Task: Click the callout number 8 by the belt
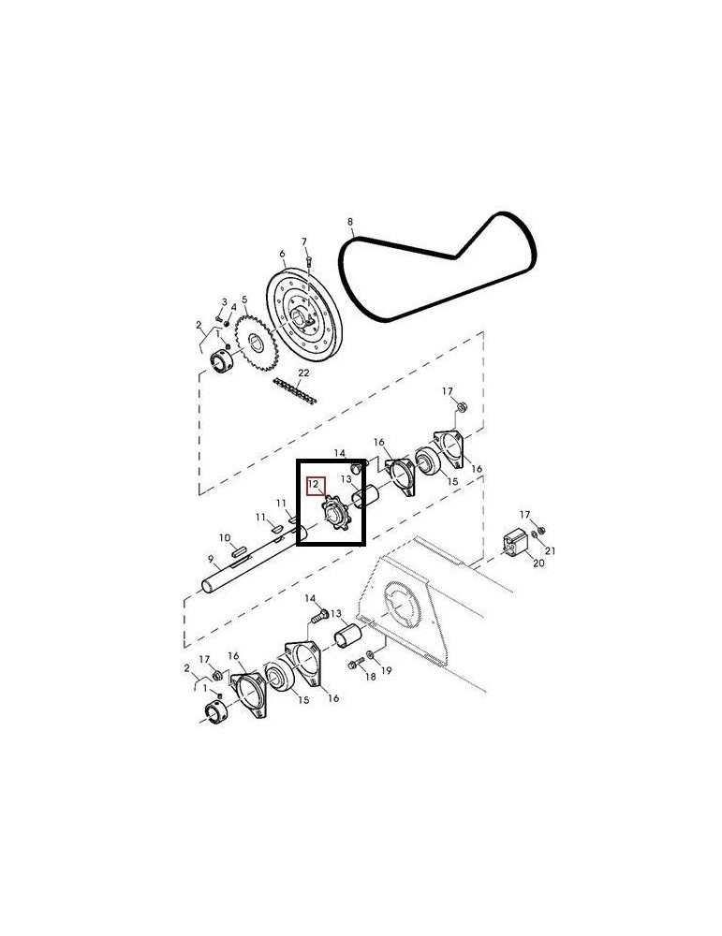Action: coord(350,223)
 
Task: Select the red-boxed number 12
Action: coord(314,485)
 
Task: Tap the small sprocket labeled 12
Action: coord(336,513)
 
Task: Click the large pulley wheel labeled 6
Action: coord(304,314)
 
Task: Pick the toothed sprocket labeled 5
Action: coord(257,343)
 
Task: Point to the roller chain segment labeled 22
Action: coord(295,391)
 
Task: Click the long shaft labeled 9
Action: coord(255,560)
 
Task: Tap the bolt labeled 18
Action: coord(356,663)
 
